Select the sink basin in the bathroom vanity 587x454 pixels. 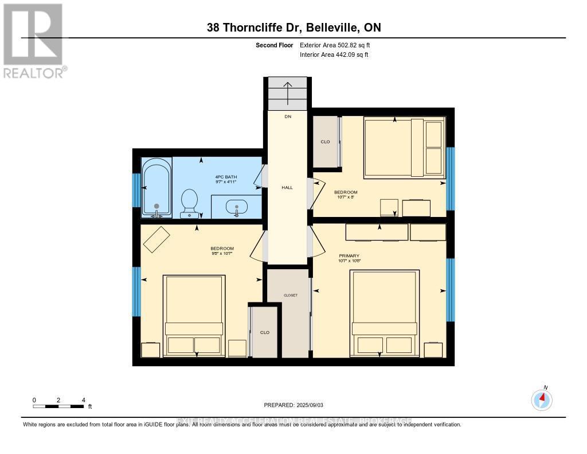(x=236, y=207)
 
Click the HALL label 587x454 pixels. (x=287, y=187)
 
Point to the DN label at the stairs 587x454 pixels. (x=288, y=117)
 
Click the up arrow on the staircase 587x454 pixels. (x=288, y=91)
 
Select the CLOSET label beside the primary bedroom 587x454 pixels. (x=291, y=295)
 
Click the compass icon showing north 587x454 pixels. (x=542, y=399)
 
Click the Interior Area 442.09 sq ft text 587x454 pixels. (x=334, y=55)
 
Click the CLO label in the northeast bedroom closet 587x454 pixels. (x=326, y=142)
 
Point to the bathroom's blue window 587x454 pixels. (x=136, y=189)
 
